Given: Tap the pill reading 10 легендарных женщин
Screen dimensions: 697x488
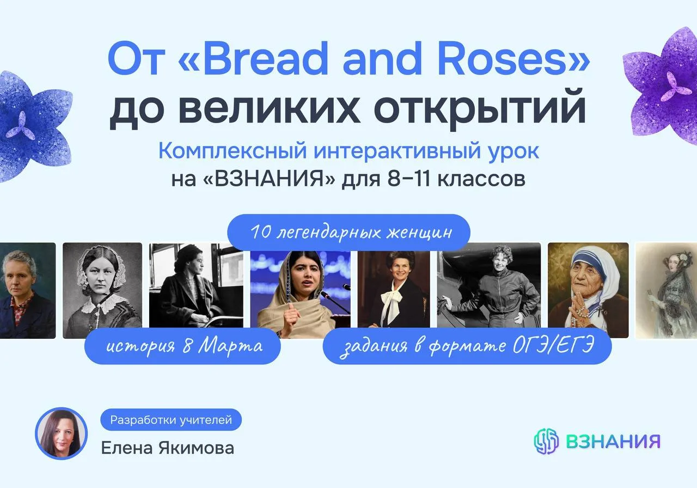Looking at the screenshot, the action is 348,232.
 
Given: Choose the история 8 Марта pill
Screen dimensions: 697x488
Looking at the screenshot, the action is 182,346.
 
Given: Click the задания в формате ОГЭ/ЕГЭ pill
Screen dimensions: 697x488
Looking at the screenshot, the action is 467,346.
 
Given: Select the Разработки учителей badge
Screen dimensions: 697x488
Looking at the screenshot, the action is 171,420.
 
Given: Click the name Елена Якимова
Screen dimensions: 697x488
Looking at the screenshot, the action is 167,448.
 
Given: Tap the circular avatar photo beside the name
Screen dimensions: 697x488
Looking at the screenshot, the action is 62,433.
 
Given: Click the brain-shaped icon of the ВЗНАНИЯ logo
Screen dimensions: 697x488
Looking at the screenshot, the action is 546,441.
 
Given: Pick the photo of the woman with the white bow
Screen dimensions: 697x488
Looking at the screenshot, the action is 394,289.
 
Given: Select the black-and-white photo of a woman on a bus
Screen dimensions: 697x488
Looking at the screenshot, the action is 196,285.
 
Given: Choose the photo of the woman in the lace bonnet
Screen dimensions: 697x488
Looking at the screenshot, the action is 102,290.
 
